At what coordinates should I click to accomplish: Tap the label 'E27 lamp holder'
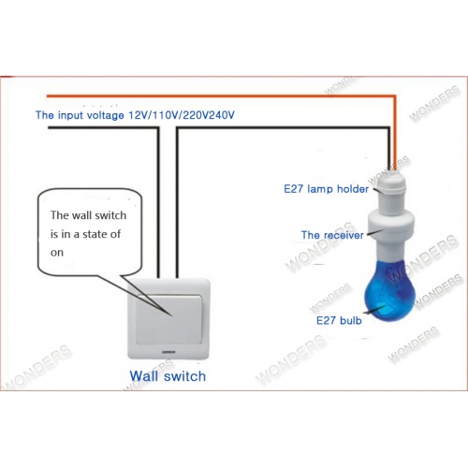click(x=326, y=189)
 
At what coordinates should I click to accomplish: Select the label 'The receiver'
click(x=332, y=235)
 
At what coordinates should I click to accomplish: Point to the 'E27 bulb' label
click(x=339, y=320)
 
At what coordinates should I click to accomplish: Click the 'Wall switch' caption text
click(x=168, y=376)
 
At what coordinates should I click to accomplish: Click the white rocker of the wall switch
click(x=168, y=319)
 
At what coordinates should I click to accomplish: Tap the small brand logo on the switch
click(x=168, y=352)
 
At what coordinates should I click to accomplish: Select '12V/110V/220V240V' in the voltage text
click(x=182, y=115)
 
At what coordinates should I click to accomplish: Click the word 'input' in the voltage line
click(x=71, y=115)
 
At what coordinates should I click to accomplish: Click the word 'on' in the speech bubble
click(x=57, y=253)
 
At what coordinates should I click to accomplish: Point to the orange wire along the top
click(x=221, y=95)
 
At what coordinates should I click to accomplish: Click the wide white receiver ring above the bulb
click(x=391, y=224)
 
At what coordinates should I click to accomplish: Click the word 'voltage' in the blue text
click(x=105, y=116)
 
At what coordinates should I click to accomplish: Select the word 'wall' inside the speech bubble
click(x=81, y=215)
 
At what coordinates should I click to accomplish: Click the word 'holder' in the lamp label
click(x=353, y=189)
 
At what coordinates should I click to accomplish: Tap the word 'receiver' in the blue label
click(x=344, y=235)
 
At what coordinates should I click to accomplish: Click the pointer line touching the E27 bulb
click(x=374, y=310)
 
